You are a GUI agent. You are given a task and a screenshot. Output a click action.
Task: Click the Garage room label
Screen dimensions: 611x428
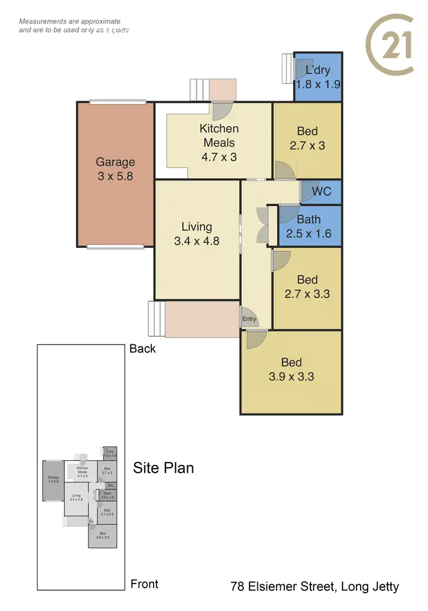[x=115, y=162]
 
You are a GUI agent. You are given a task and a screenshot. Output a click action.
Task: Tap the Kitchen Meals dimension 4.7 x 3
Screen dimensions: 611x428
[x=219, y=156]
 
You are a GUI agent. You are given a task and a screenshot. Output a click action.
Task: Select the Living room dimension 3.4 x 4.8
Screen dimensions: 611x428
[x=197, y=241]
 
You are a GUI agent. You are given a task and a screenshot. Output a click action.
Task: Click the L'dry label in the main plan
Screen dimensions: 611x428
[x=318, y=71]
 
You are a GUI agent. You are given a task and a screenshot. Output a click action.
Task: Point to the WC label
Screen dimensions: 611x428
[x=321, y=192]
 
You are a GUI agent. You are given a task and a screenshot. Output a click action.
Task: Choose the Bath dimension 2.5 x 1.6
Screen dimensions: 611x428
[x=309, y=234]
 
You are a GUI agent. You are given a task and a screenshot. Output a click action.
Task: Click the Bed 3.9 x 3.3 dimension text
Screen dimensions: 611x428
[x=291, y=376]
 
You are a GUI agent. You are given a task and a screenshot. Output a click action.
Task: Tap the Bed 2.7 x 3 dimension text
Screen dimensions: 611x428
[x=307, y=146]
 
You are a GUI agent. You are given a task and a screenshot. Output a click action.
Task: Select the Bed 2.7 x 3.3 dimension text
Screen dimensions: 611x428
[x=307, y=294]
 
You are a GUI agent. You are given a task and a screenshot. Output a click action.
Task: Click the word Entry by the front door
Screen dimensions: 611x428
[x=249, y=319]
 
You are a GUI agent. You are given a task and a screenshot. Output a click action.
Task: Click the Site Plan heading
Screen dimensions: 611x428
[x=163, y=468]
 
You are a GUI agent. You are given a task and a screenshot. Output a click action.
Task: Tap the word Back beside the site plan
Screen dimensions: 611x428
[x=143, y=348]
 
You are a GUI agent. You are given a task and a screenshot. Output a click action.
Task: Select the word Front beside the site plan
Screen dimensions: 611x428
[x=144, y=584]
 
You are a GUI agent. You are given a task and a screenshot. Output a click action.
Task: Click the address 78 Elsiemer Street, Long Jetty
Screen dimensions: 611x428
[x=314, y=586]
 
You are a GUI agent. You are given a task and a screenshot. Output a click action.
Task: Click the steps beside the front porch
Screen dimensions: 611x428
[x=156, y=319]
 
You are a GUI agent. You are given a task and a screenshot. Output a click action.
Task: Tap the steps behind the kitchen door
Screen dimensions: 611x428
[x=199, y=90]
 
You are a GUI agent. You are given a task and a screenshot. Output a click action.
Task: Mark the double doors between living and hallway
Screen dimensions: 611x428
[x=262, y=226]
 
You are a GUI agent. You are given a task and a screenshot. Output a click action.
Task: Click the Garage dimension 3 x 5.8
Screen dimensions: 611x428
[x=115, y=176]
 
